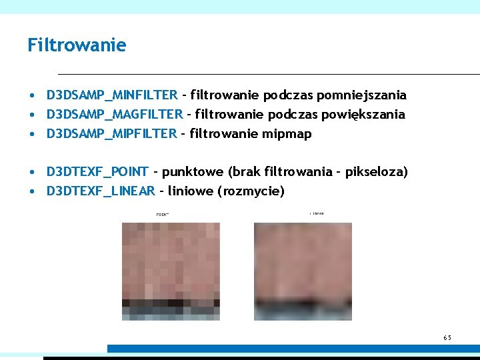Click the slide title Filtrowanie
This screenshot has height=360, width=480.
click(x=77, y=45)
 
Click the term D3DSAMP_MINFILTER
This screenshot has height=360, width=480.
click(x=112, y=95)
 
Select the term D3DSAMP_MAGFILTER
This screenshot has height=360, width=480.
click(x=115, y=114)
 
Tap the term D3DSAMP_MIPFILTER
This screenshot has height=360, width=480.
click(x=112, y=133)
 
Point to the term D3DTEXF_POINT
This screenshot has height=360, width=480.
click(x=98, y=172)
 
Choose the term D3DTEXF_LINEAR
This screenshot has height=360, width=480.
click(x=101, y=191)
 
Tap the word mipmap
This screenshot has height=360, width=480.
click(x=287, y=134)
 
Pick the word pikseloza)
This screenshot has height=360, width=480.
click(x=377, y=172)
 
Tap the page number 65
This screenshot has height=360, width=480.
click(x=447, y=338)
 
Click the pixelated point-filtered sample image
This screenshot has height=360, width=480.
click(x=171, y=271)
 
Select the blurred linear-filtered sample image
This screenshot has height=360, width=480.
click(x=303, y=271)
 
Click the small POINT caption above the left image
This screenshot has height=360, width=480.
click(x=162, y=215)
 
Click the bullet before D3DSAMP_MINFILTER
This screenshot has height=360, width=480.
click(x=32, y=96)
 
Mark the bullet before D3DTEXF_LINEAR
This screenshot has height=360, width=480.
click(x=32, y=192)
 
